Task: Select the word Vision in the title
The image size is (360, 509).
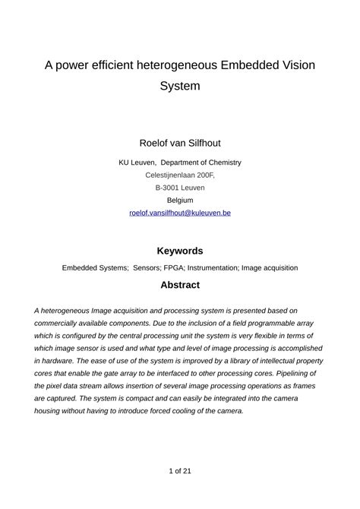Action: click(293, 65)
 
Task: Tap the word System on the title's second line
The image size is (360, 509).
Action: click(180, 86)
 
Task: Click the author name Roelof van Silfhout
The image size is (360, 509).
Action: click(180, 143)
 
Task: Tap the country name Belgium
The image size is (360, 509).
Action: click(180, 201)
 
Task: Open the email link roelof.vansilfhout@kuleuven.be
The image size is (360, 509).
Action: click(180, 213)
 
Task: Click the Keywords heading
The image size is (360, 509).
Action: click(180, 251)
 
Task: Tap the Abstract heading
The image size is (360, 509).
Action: click(180, 286)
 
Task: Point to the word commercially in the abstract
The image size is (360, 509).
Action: click(58, 324)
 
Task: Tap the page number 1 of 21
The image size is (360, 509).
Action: click(180, 471)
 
